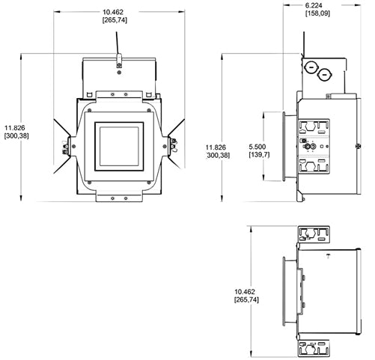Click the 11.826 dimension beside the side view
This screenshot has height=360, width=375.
218,150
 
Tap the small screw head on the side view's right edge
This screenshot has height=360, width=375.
359,144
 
